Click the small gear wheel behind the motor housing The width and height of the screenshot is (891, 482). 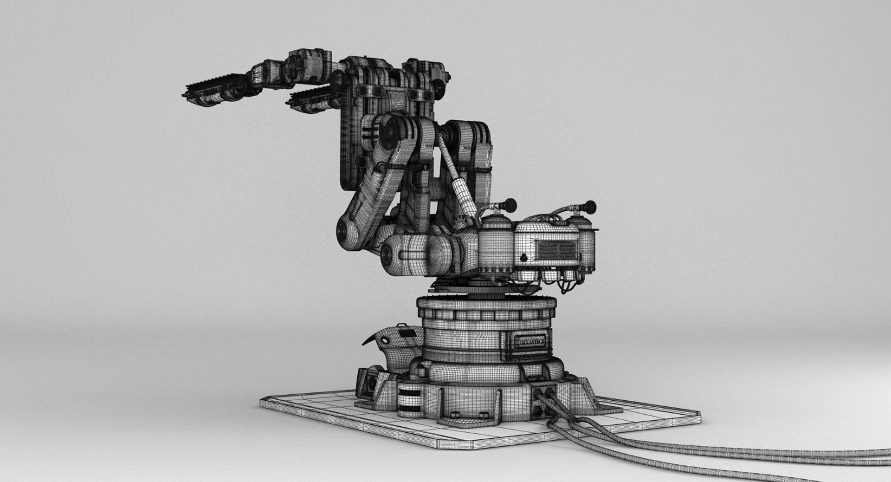pos(460,221)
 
